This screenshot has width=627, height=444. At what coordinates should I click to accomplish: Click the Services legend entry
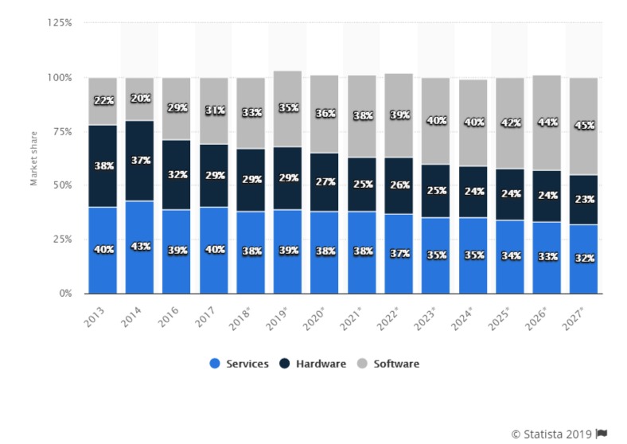[244, 364]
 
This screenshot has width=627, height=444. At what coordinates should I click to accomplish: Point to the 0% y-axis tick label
[64, 294]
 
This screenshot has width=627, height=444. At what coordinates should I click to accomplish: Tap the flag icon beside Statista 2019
[602, 433]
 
